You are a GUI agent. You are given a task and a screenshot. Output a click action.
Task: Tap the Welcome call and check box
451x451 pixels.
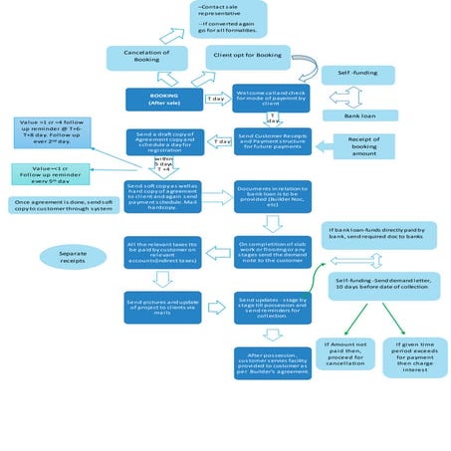272,99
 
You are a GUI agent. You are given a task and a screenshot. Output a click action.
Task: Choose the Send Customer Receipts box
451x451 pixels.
272,142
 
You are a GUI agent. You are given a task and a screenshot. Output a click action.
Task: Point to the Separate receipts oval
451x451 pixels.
71,257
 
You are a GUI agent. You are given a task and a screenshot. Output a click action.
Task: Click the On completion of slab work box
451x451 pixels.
272,251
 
